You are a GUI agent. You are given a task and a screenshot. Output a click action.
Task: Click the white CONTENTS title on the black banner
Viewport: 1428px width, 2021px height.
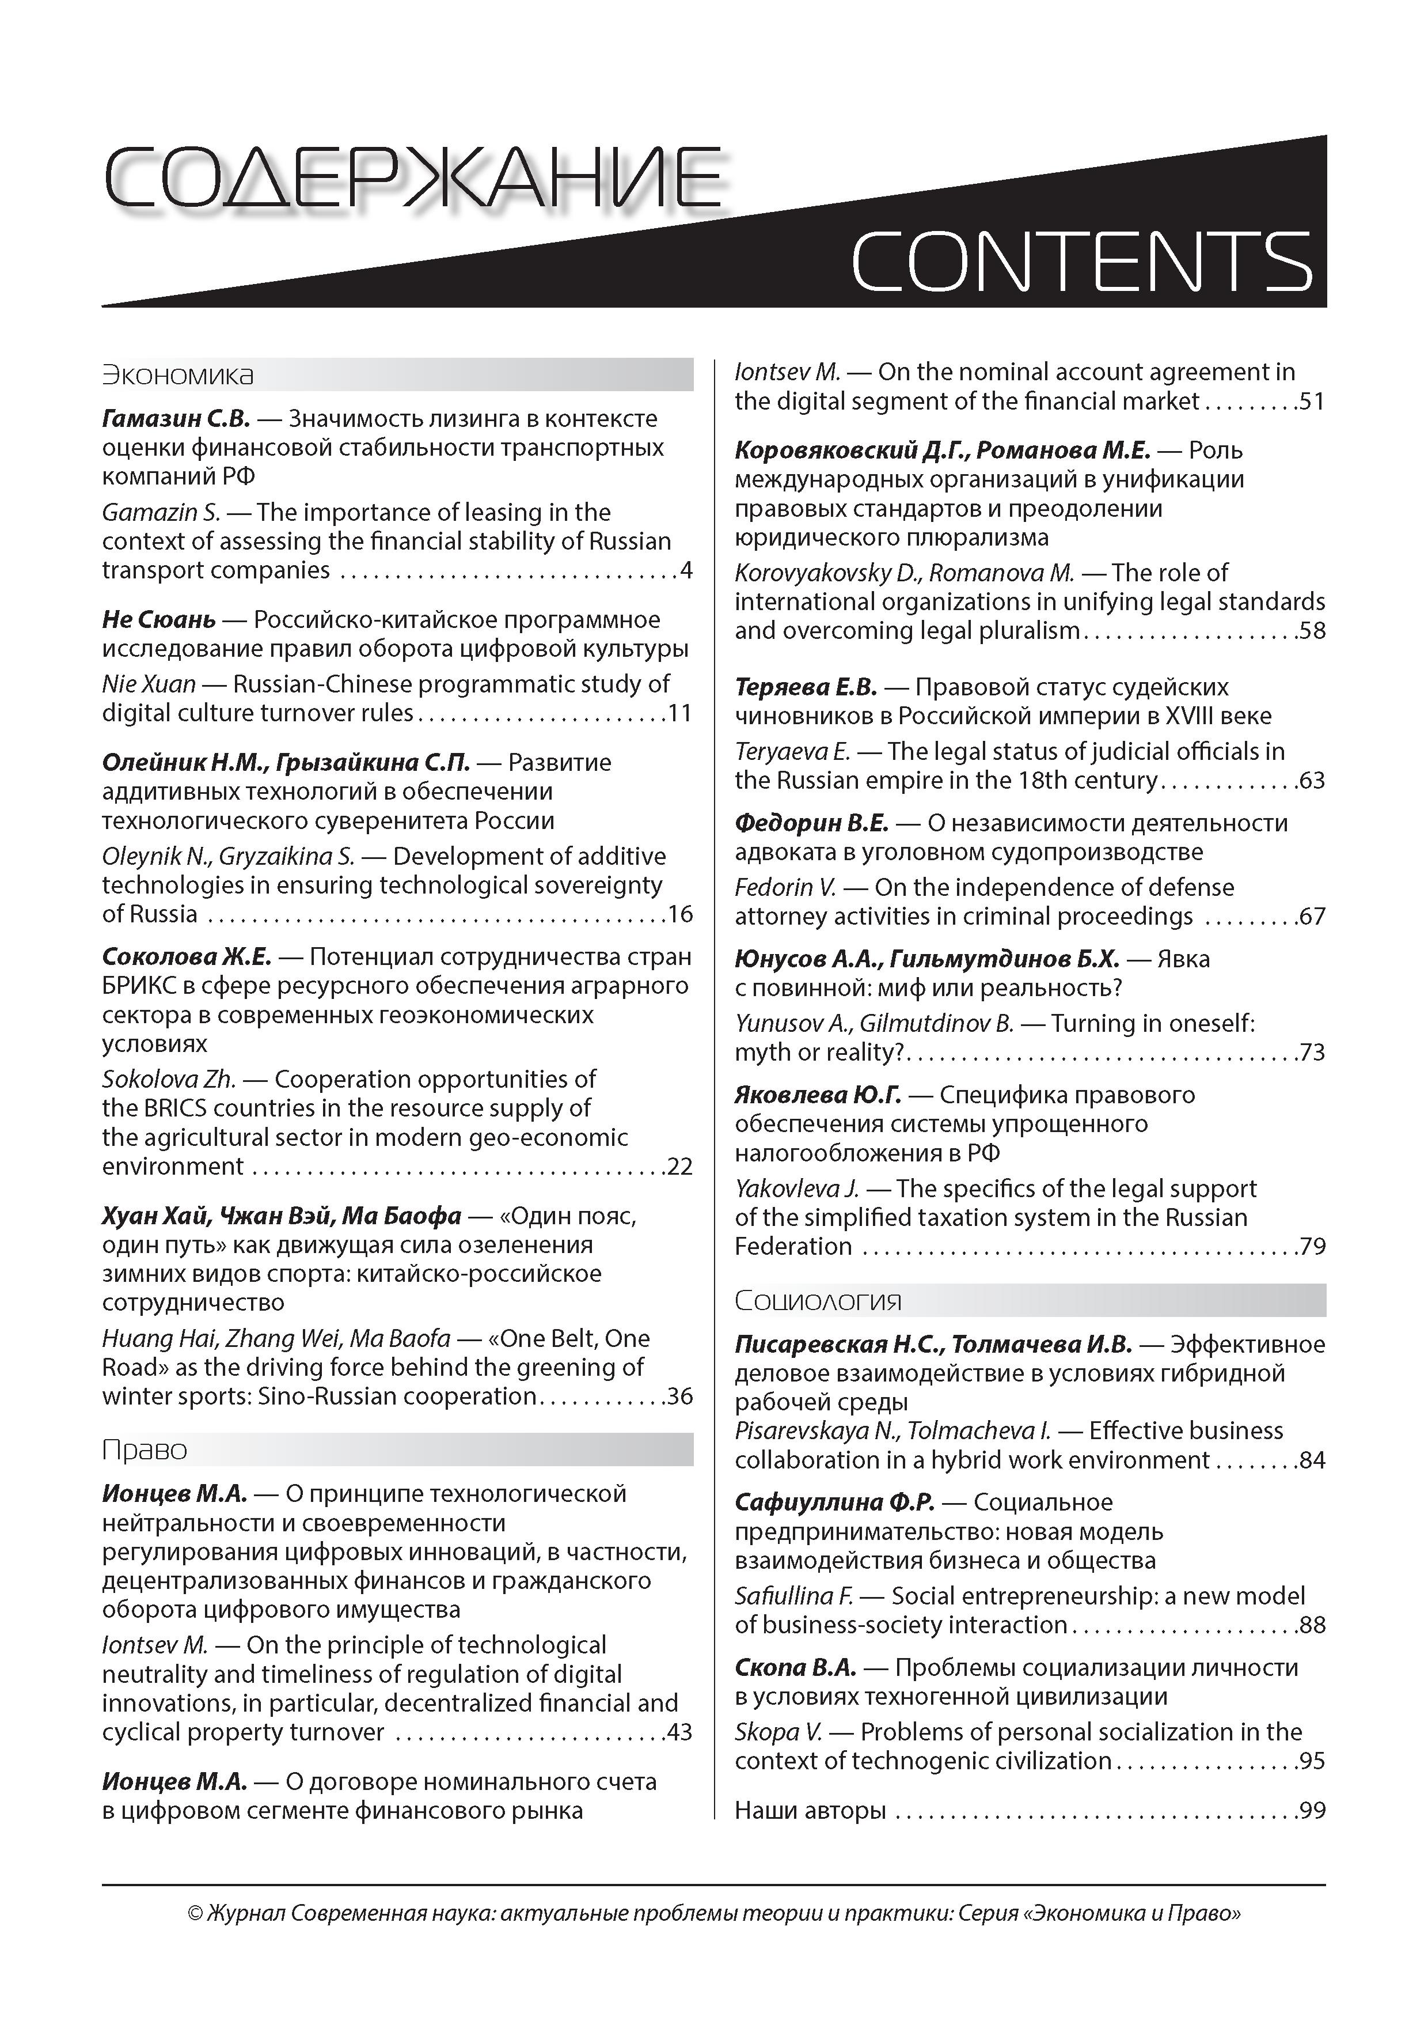pyautogui.click(x=1082, y=262)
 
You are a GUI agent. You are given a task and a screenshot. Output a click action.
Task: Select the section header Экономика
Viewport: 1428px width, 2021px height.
pyautogui.click(x=178, y=375)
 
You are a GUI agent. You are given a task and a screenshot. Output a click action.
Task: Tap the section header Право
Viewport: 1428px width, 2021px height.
pyautogui.click(x=145, y=1449)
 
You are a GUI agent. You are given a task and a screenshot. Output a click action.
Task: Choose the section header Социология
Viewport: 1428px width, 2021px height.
pyautogui.click(x=818, y=1300)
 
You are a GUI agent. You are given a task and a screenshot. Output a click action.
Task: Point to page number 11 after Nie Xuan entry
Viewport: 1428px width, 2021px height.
pyautogui.click(x=679, y=712)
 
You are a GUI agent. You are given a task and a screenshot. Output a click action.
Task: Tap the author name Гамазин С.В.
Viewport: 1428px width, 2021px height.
pyautogui.click(x=177, y=418)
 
